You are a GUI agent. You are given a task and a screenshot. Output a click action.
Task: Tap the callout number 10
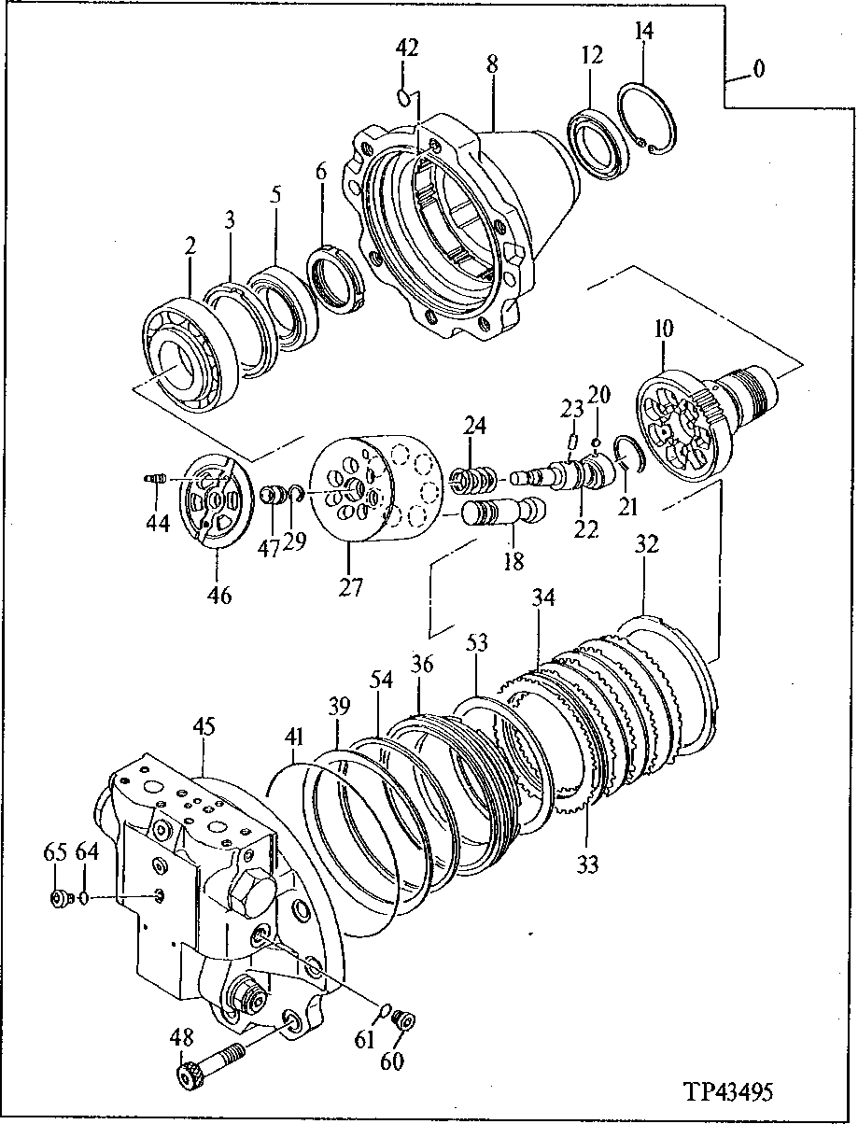coord(663,330)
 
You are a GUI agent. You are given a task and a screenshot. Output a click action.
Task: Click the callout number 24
coord(475,427)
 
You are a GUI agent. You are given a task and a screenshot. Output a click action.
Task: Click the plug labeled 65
coord(61,899)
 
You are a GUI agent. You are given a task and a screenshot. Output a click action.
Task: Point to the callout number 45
coord(204,726)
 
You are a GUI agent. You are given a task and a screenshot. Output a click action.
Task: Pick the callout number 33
coord(586,864)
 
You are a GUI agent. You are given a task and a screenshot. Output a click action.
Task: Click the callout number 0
coord(760,70)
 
